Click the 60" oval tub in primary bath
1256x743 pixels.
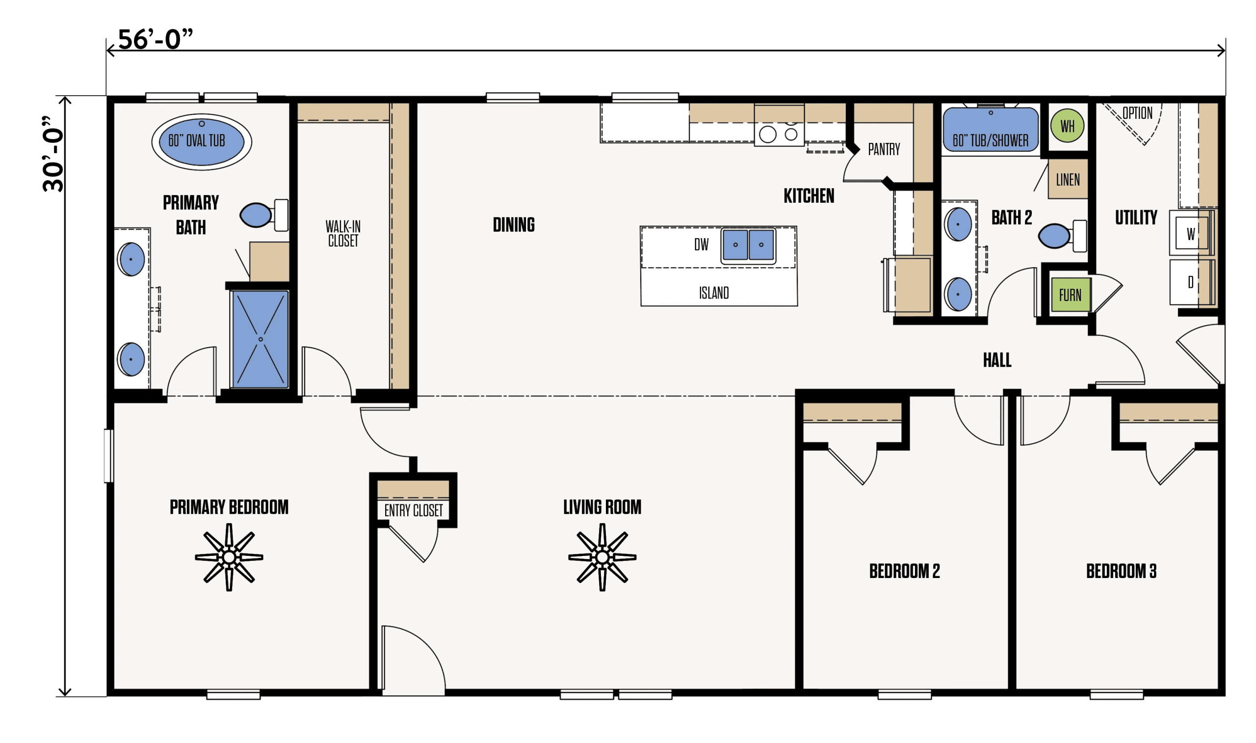tap(202, 142)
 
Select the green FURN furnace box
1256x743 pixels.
tap(1070, 295)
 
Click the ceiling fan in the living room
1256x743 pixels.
tap(602, 557)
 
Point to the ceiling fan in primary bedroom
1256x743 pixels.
tap(229, 557)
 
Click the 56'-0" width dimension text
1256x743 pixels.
tap(155, 39)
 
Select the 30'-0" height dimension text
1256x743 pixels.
tap(53, 154)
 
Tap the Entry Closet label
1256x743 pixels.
tap(414, 510)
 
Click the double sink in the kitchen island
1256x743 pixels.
tap(748, 246)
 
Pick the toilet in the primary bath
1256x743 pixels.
tap(264, 215)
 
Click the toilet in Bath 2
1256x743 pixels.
tap(1062, 236)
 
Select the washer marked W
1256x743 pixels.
tap(1190, 233)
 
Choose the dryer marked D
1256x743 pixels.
tap(1191, 282)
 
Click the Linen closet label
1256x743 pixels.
tap(1068, 180)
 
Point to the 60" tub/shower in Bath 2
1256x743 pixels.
tap(991, 129)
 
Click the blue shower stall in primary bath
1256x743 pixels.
tap(260, 339)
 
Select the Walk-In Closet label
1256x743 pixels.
tap(343, 233)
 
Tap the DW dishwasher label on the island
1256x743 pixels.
tap(701, 245)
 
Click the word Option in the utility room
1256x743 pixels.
tap(1137, 113)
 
